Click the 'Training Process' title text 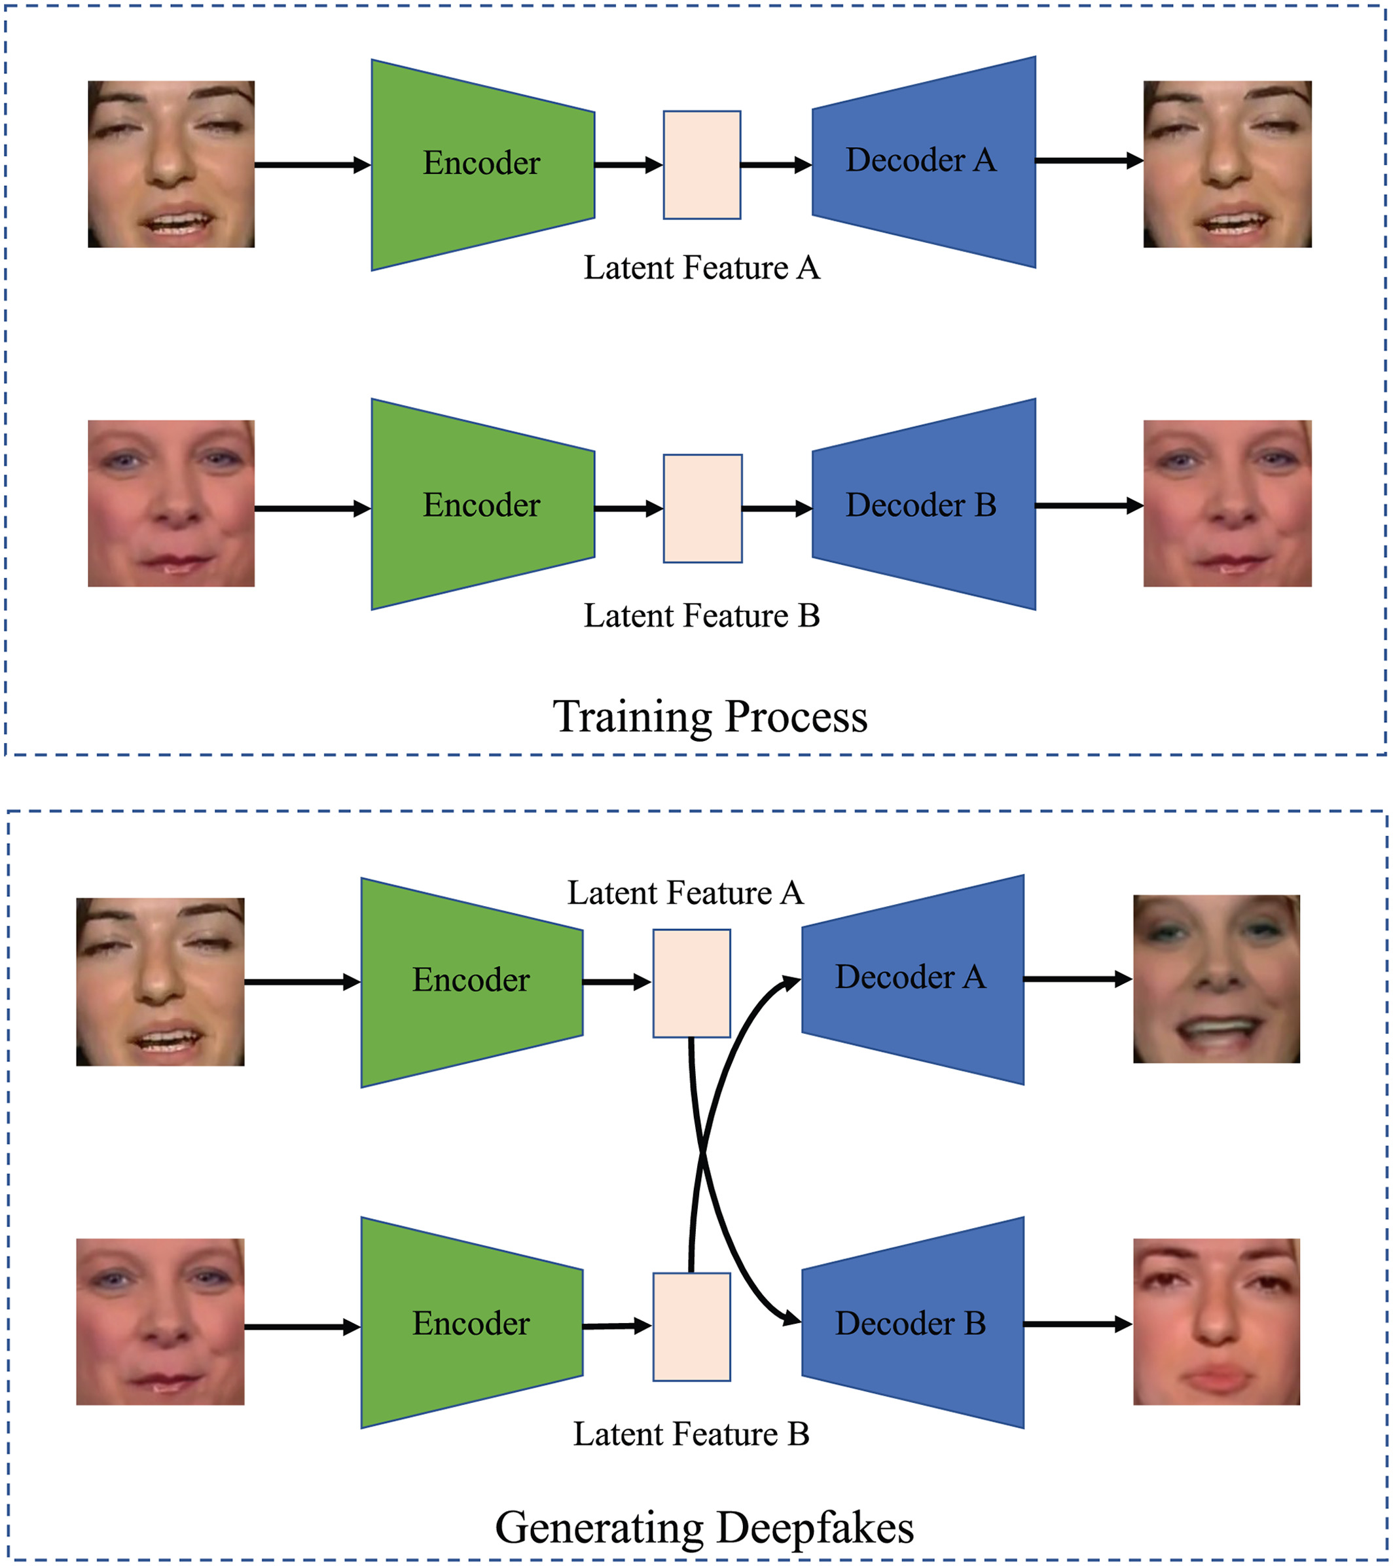point(710,717)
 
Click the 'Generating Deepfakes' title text point(704,1527)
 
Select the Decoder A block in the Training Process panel point(923,162)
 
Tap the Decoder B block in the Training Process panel point(923,505)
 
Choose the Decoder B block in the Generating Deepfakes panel point(913,1323)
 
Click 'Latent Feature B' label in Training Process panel point(702,616)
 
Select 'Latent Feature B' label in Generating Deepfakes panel point(691,1434)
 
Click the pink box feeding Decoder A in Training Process point(702,165)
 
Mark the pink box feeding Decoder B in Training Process point(702,509)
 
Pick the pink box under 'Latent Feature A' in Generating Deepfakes point(691,983)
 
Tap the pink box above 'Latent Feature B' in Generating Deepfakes point(691,1327)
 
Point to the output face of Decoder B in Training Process point(1227,503)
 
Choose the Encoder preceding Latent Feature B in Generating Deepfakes point(472,1323)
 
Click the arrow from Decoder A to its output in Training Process point(1089,161)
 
